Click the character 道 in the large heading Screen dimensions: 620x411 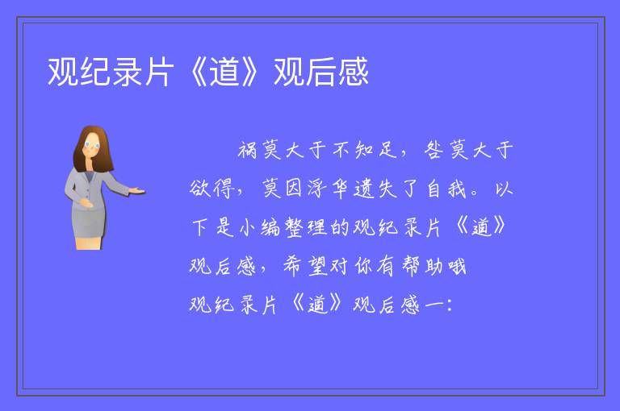click(224, 72)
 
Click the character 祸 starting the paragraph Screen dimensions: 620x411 click(248, 151)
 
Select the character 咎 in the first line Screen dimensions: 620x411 click(434, 150)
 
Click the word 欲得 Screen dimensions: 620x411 click(211, 189)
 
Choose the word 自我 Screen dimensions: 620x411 click(446, 189)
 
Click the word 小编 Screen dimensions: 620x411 click(259, 227)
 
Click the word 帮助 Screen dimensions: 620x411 click(422, 266)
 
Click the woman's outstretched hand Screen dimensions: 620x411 click(137, 192)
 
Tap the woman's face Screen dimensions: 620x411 click(92, 145)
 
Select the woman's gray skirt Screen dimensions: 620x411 click(89, 224)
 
